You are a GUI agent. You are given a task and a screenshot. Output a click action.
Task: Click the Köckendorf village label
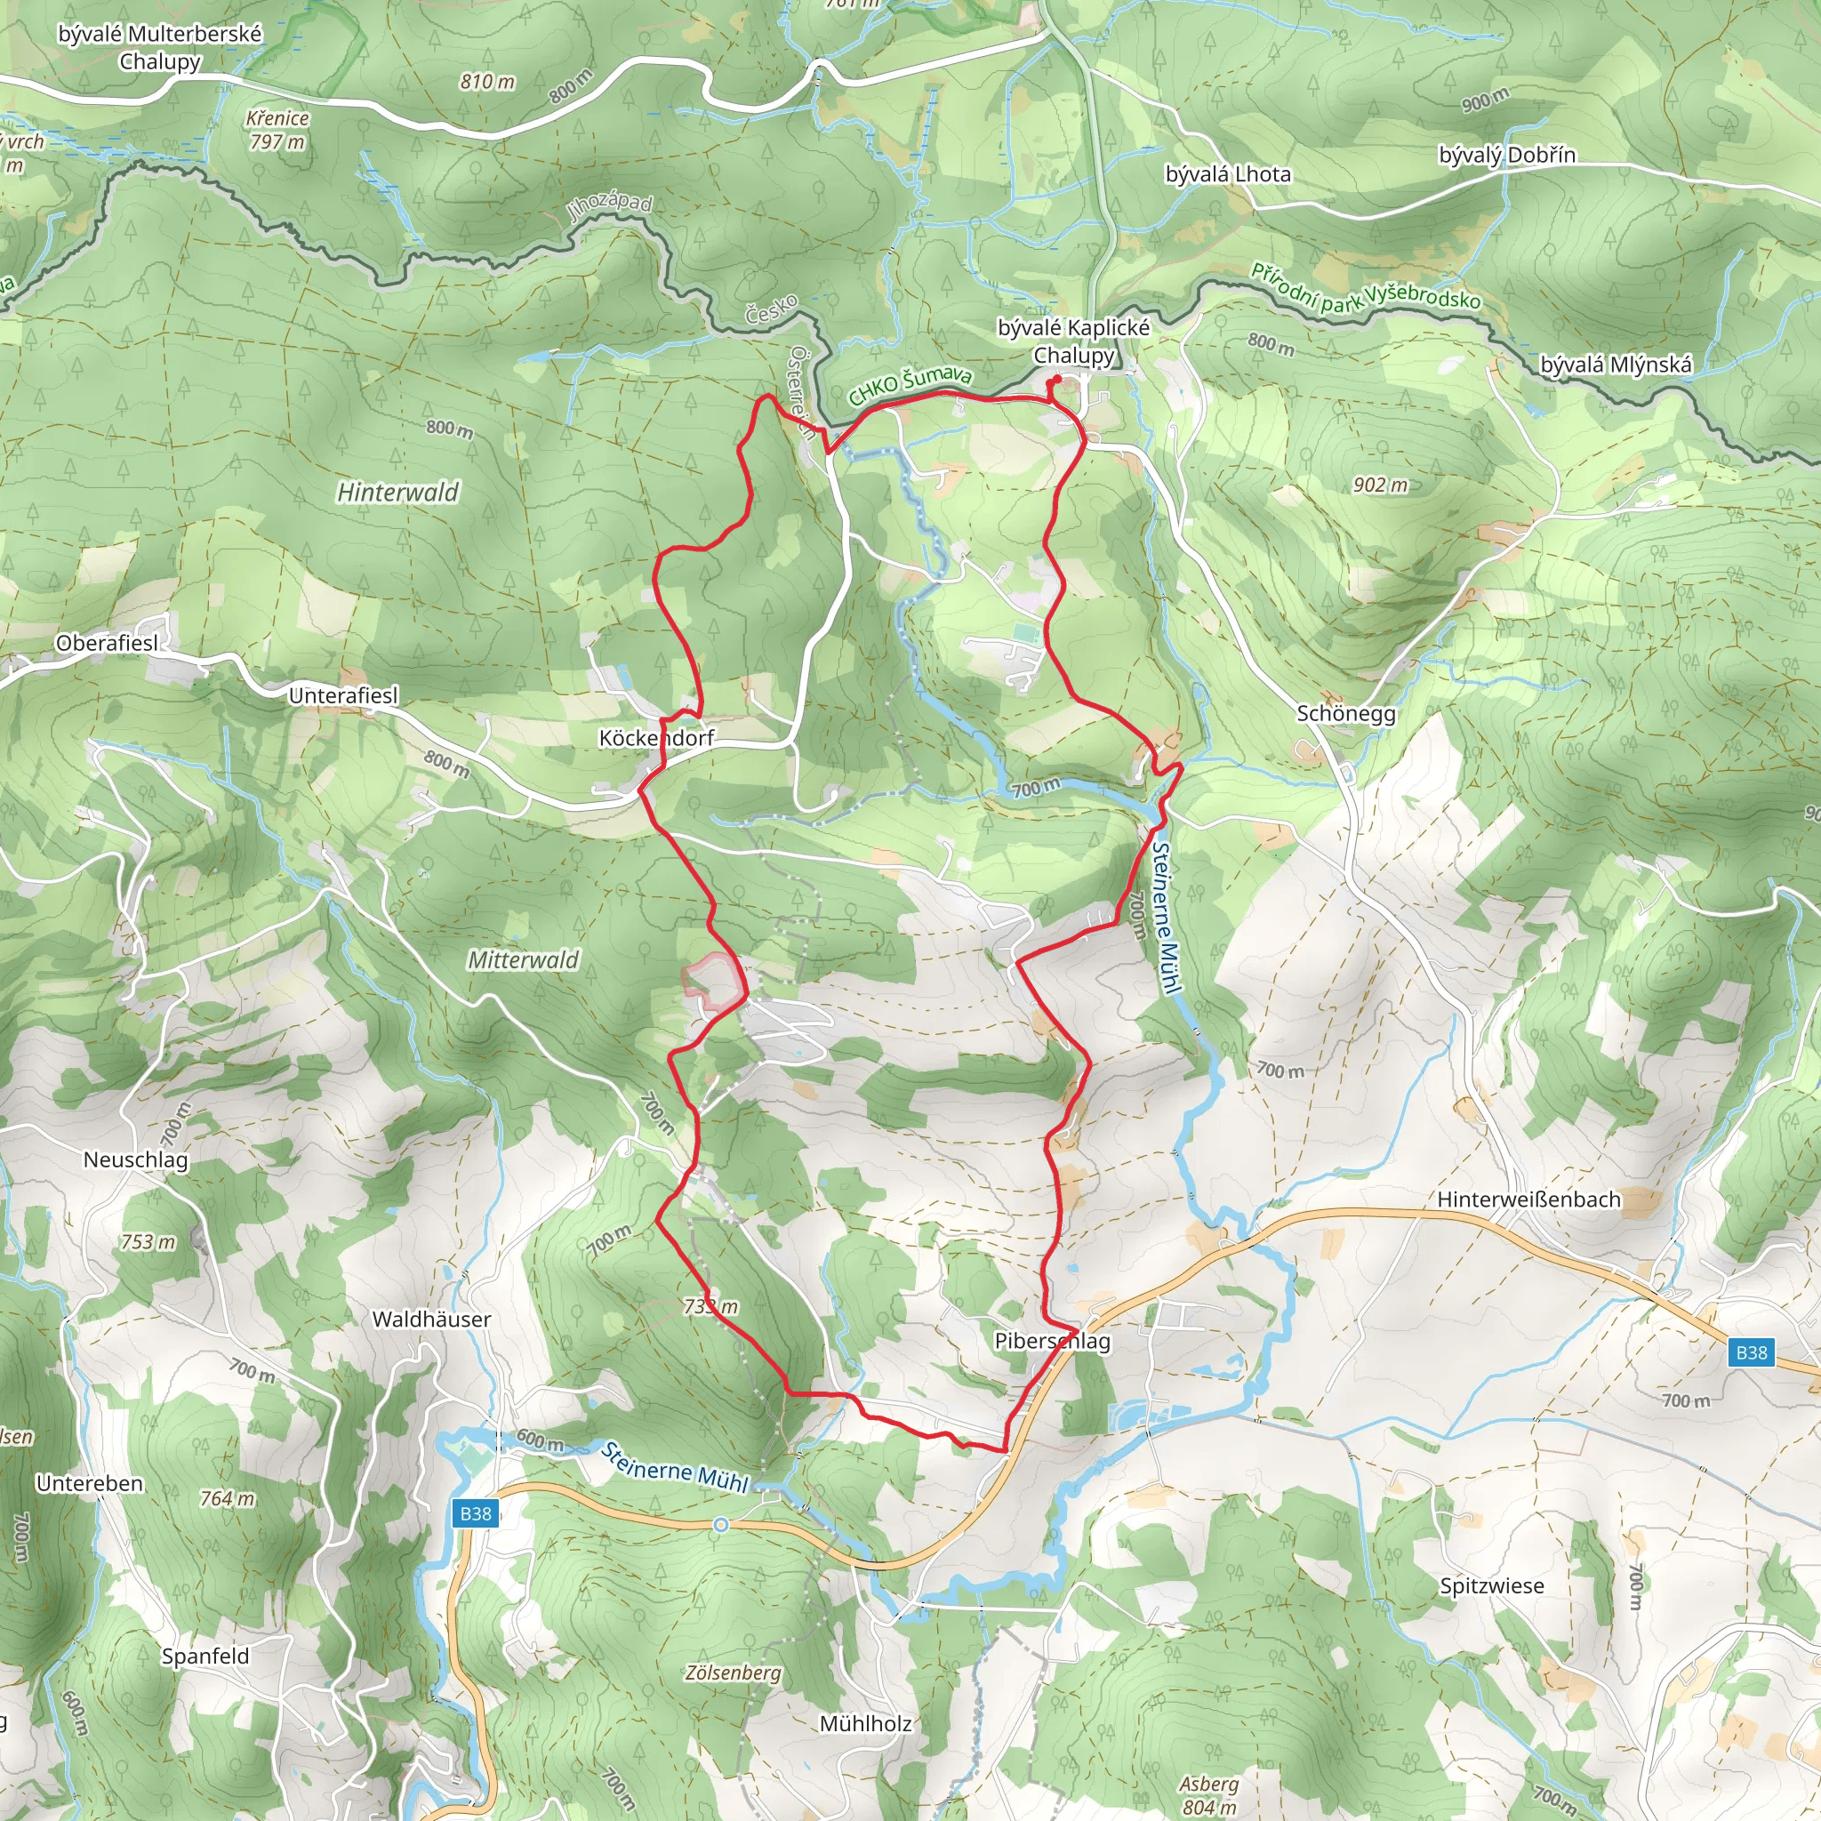pos(656,738)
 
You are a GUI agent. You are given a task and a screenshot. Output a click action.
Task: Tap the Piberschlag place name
pos(1052,1340)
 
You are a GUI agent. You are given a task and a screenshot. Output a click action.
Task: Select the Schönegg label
pos(1345,713)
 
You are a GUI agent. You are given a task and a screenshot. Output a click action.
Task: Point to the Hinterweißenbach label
pos(1528,1199)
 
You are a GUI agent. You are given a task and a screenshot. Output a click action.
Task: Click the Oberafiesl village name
pos(107,643)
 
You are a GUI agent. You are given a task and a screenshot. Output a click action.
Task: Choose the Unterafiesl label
pos(343,695)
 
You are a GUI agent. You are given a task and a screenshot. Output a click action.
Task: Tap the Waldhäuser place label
pos(431,1319)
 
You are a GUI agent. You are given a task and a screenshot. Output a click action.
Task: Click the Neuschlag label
pos(136,1159)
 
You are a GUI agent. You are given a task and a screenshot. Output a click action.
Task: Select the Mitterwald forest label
pos(523,959)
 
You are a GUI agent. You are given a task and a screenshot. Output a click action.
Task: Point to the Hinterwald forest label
pos(397,492)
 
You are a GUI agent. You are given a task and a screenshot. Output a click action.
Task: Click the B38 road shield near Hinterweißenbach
pos(1752,1352)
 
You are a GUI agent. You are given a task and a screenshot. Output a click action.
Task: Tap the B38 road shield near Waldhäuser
pos(475,1512)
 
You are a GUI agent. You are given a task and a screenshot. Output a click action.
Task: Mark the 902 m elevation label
pos(1380,485)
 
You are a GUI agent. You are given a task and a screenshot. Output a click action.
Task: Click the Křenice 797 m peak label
pos(277,130)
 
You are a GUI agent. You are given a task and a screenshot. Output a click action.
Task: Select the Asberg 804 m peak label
pos(1208,1794)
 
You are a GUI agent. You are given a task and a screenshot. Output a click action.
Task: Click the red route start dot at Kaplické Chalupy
pos(1056,380)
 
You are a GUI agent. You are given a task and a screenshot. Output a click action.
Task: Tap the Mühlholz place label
pos(864,1723)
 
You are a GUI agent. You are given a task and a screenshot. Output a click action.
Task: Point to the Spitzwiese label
pos(1491,1585)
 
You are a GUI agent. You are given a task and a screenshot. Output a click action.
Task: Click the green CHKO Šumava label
pos(910,384)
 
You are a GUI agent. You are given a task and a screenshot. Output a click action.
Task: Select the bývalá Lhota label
pos(1227,174)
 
